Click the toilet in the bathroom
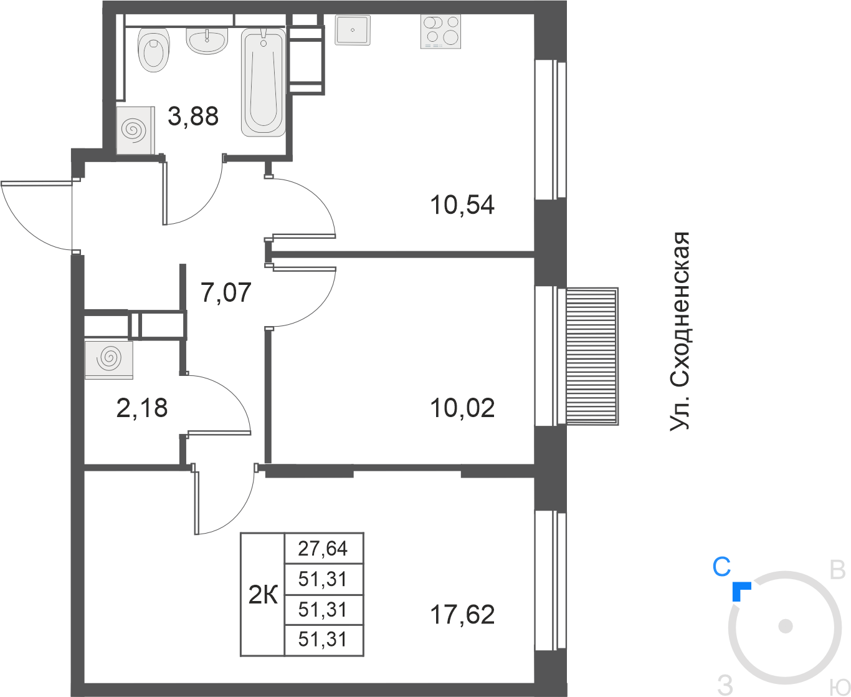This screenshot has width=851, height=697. pos(153,50)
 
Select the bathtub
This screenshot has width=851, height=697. pos(264,82)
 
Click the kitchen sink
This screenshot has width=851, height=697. pos(352,30)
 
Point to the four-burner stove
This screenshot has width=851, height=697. pos(440,32)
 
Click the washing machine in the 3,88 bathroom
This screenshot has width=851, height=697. pos(136,130)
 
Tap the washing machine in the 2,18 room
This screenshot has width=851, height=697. pos(108,360)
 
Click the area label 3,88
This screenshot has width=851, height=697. pos(193,117)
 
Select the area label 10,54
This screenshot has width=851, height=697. pos(462,204)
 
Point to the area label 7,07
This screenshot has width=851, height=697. pos(226,292)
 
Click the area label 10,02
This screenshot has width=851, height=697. pos(462,408)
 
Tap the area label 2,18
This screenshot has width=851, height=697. pos(141,408)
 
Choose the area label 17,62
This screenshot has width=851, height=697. pos(462,615)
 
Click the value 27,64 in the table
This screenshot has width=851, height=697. pos(323,549)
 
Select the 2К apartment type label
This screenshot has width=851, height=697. pos(263,595)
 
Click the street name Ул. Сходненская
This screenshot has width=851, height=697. pos(680,332)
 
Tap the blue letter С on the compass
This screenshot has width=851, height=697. pos(722,567)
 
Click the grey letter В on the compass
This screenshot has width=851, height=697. pos(837,571)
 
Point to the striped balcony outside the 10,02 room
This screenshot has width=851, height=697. pos(592,356)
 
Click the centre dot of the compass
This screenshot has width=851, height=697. pos(785,627)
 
